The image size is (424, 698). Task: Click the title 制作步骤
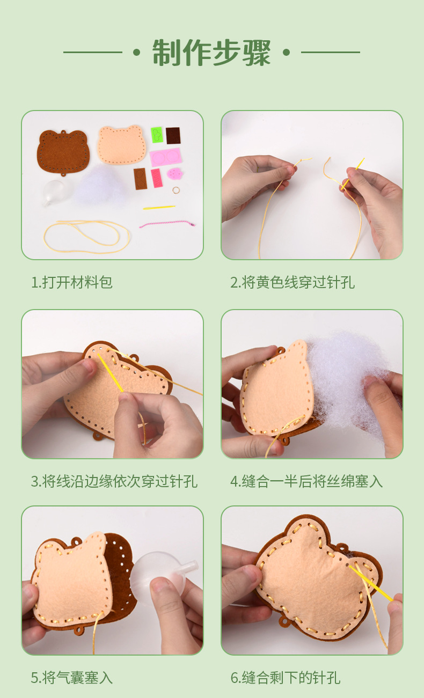point(211,53)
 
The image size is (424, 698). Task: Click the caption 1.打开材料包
point(72,282)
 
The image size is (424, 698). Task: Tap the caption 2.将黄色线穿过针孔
point(293,282)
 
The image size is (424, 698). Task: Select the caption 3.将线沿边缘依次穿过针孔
point(114,481)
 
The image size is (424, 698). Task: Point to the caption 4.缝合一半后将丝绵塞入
point(306,481)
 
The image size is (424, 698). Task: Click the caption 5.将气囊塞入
point(72,678)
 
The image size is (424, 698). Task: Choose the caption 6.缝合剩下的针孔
point(286,678)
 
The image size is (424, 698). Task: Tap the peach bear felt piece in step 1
point(122,144)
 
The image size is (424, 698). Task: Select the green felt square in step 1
point(157,135)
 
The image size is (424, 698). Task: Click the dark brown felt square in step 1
point(173,136)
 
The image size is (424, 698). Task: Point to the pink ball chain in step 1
point(167,224)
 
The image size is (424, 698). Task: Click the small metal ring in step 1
point(176,190)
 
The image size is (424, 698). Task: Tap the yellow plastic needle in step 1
point(159,207)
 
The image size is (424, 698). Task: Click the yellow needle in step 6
point(371,583)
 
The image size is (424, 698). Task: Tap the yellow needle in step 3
point(111,372)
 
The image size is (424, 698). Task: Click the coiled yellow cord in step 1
point(86,236)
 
